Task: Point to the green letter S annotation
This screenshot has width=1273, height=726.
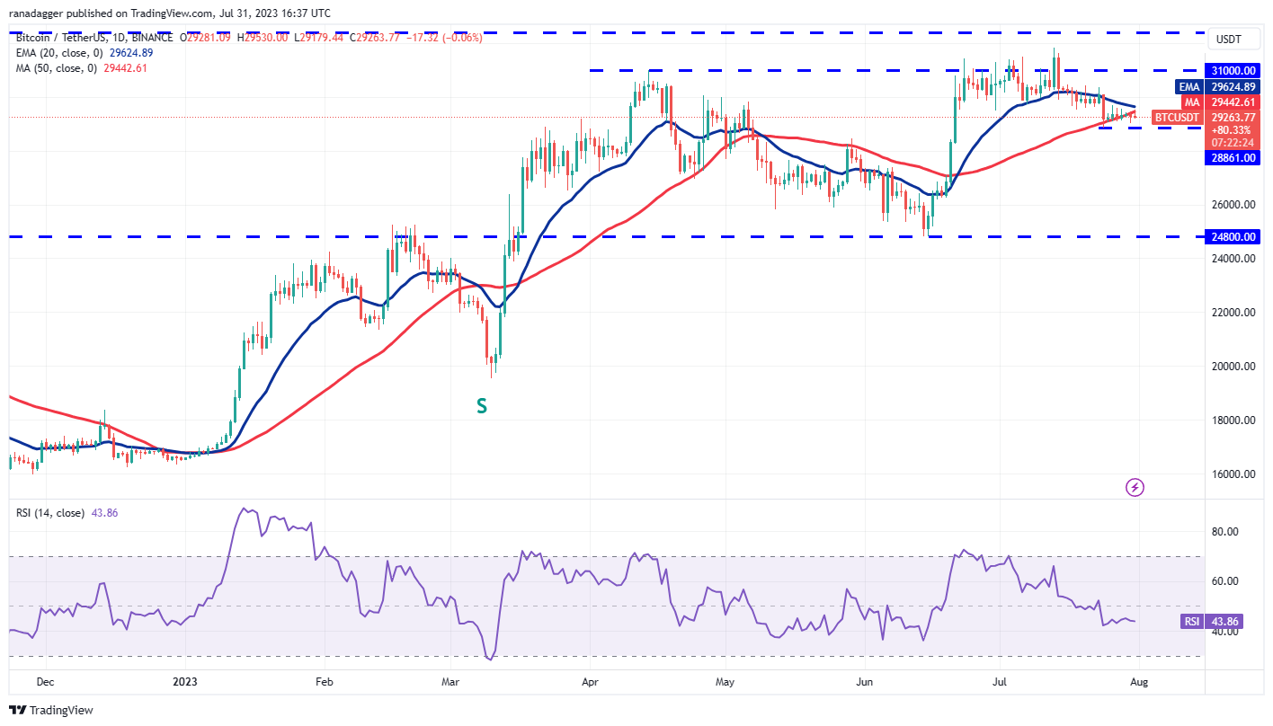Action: [x=482, y=406]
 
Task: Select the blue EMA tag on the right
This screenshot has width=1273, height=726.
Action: [x=1188, y=87]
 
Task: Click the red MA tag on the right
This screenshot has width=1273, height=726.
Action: [x=1189, y=102]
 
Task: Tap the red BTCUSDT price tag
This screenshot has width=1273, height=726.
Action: [x=1177, y=117]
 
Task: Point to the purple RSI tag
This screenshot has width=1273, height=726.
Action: [x=1191, y=621]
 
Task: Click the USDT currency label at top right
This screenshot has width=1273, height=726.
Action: [x=1229, y=39]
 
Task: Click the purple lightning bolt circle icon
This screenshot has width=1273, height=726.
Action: [x=1135, y=487]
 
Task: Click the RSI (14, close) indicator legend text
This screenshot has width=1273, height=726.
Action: [x=49, y=513]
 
